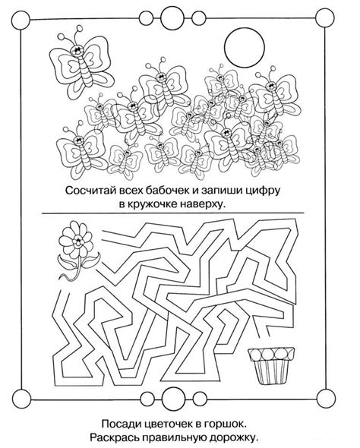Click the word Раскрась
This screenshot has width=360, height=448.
click(115, 438)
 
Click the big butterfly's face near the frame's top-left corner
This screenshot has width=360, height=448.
click(77, 51)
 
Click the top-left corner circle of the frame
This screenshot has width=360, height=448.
click(21, 20)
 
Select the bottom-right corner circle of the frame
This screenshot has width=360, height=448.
click(325, 397)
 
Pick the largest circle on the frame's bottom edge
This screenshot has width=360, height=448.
click(172, 397)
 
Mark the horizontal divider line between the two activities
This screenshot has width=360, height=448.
click(172, 213)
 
